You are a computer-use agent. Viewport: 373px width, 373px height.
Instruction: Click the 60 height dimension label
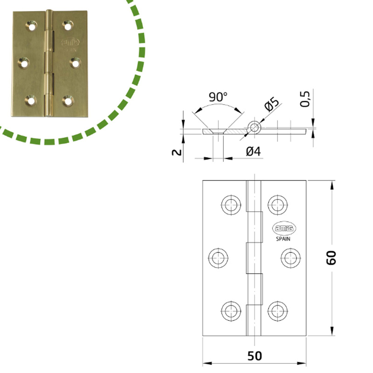pyautogui.click(x=331, y=258)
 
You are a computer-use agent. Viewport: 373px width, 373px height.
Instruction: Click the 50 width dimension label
pyautogui.click(x=255, y=356)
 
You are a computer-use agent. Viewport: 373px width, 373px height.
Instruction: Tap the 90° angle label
pyautogui.click(x=218, y=97)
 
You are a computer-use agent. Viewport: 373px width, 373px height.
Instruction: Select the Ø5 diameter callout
pyautogui.click(x=271, y=104)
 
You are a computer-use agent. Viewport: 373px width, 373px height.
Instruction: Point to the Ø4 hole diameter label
pyautogui.click(x=253, y=151)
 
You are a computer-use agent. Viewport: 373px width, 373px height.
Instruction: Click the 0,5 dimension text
pyautogui.click(x=305, y=99)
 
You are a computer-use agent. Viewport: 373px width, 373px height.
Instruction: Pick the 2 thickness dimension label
pyautogui.click(x=177, y=152)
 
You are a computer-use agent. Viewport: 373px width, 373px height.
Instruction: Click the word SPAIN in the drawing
pyautogui.click(x=283, y=239)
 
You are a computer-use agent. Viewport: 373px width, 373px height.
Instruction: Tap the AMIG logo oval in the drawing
pyautogui.click(x=284, y=228)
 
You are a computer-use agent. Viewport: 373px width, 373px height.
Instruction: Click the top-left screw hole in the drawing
pyautogui.click(x=231, y=205)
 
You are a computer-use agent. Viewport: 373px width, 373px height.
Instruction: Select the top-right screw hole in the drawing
pyautogui.click(x=277, y=205)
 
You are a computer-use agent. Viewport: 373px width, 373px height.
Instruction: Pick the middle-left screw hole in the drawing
pyautogui.click(x=218, y=258)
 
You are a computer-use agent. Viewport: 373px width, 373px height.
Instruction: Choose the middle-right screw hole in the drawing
pyautogui.click(x=290, y=258)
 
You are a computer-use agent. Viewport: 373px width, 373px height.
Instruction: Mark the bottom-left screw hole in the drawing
pyautogui.click(x=231, y=311)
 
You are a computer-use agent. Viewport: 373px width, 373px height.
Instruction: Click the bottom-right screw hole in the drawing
pyautogui.click(x=277, y=311)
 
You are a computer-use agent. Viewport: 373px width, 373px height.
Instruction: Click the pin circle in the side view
pyautogui.click(x=255, y=128)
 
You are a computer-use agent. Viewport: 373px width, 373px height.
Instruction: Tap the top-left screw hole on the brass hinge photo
pyautogui.click(x=31, y=26)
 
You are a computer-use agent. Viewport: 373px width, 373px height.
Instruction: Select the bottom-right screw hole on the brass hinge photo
pyautogui.click(x=68, y=101)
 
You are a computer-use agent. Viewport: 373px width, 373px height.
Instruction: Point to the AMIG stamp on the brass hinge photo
pyautogui.click(x=70, y=42)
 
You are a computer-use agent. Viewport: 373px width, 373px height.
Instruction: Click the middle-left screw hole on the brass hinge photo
pyautogui.click(x=24, y=63)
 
